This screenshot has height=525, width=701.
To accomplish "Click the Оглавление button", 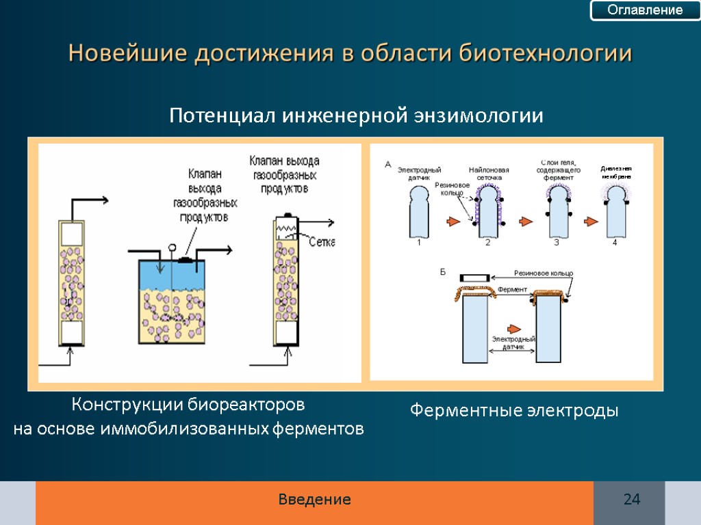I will click(646, 10).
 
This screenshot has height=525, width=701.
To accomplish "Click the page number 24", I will click(631, 500).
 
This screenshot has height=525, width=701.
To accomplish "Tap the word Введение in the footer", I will click(315, 500).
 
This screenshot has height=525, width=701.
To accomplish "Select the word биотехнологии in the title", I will click(545, 53).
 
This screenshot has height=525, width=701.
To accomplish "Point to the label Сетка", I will click(322, 242).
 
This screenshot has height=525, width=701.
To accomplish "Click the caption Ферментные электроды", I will click(514, 411).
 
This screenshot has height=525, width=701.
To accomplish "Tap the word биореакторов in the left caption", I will click(246, 405).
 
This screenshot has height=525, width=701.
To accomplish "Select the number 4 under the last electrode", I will click(614, 242).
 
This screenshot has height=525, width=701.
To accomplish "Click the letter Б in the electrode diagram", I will click(442, 272).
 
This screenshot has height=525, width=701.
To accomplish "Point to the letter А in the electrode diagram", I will click(387, 164).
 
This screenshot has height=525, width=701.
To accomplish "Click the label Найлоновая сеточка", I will click(489, 174).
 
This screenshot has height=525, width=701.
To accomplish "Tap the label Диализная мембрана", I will click(615, 172).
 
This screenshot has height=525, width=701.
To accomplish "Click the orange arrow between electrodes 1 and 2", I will click(453, 221).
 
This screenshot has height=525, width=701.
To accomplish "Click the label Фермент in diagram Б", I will click(513, 290).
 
